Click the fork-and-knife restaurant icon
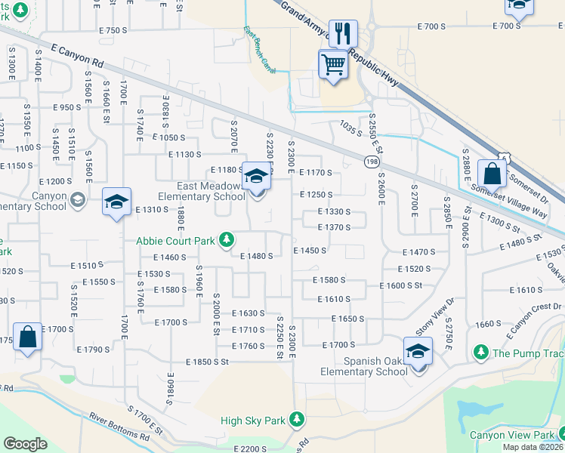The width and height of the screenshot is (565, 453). click(343, 33)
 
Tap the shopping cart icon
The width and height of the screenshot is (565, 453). click(333, 64)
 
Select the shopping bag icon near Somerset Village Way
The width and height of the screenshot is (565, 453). click(492, 174)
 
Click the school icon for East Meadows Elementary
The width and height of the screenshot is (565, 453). click(256, 177)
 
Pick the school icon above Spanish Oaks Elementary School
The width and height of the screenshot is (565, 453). click(416, 351)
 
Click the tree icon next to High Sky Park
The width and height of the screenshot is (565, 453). click(298, 418)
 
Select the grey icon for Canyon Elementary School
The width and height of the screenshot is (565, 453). click(76, 199)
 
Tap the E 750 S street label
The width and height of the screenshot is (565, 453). click(113, 30)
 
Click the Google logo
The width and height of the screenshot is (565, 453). click(26, 443)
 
